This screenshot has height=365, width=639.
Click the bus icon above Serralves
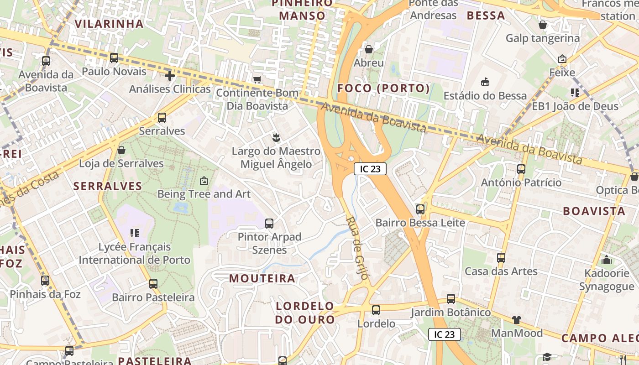point(162,118)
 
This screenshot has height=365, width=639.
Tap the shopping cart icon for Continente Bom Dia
point(257,79)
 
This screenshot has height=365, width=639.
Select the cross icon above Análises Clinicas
point(170,75)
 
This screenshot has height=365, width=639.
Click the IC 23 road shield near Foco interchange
point(370,169)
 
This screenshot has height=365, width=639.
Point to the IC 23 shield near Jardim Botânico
point(444,334)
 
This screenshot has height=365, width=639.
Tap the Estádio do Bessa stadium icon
point(485,82)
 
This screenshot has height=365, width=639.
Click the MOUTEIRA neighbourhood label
point(262,278)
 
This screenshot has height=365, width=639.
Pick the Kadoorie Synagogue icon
point(607,260)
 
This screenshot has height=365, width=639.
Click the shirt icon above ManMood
point(516,319)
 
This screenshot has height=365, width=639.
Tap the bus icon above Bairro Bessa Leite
point(420,209)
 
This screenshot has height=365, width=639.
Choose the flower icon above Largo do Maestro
point(276,137)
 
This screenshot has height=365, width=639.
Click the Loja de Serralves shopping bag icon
point(121,150)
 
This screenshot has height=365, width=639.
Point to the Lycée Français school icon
point(134,233)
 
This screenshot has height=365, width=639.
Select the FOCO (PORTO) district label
point(383,88)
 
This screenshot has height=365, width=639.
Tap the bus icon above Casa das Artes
point(501,257)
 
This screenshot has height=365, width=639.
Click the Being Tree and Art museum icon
point(204,181)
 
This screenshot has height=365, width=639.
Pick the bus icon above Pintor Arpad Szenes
point(269,224)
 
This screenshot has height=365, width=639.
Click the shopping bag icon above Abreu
point(368,49)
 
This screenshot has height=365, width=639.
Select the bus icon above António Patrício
point(521,169)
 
